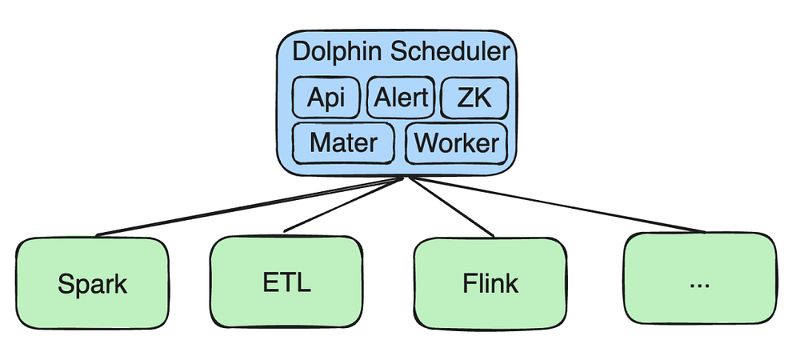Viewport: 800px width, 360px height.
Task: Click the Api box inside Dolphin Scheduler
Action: pyautogui.click(x=326, y=98)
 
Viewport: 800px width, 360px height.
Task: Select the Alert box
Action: pyautogui.click(x=400, y=98)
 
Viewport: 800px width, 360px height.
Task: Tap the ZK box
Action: pyautogui.click(x=474, y=98)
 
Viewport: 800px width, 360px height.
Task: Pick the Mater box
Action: pyautogui.click(x=343, y=143)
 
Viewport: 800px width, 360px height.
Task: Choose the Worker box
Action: pyautogui.click(x=457, y=143)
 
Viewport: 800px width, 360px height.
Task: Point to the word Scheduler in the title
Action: pyautogui.click(x=448, y=53)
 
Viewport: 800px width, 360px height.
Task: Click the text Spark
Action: pyautogui.click(x=93, y=283)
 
